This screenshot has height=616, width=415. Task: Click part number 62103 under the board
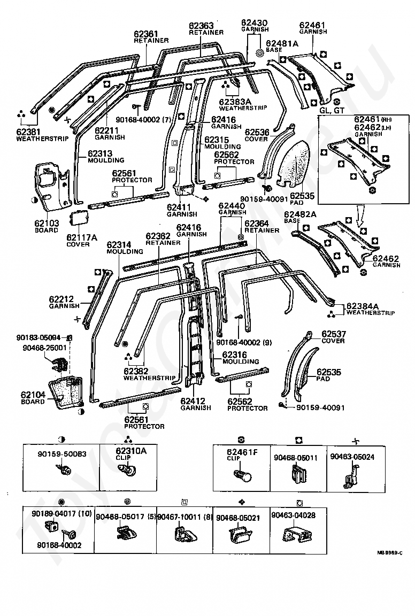click(x=47, y=224)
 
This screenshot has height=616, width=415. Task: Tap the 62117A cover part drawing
click(x=79, y=217)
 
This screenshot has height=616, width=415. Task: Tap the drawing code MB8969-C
click(x=390, y=552)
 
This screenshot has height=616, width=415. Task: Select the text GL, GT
click(x=332, y=110)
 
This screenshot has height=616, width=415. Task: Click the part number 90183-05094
click(x=39, y=337)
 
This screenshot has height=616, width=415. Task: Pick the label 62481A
click(x=282, y=44)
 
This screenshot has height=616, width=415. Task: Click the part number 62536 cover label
click(x=257, y=132)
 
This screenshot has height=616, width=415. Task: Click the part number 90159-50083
click(x=62, y=454)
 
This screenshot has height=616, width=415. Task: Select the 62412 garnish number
click(x=193, y=401)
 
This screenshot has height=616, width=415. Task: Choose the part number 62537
click(x=334, y=334)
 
